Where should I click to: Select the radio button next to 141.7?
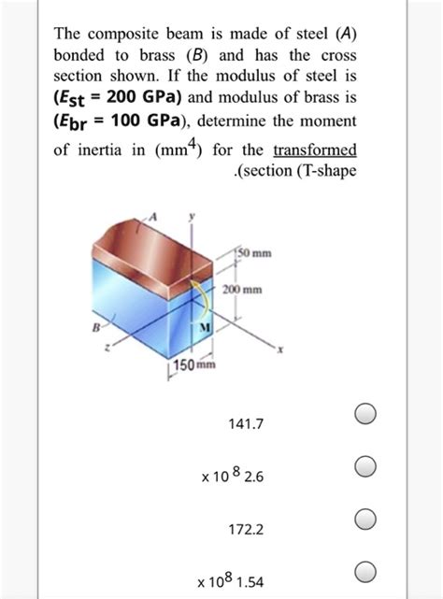[x=366, y=414]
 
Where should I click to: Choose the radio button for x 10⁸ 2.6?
[x=366, y=466]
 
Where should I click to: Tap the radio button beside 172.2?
[x=366, y=519]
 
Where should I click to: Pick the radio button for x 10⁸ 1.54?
[x=366, y=571]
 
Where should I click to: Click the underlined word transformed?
[x=315, y=150]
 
